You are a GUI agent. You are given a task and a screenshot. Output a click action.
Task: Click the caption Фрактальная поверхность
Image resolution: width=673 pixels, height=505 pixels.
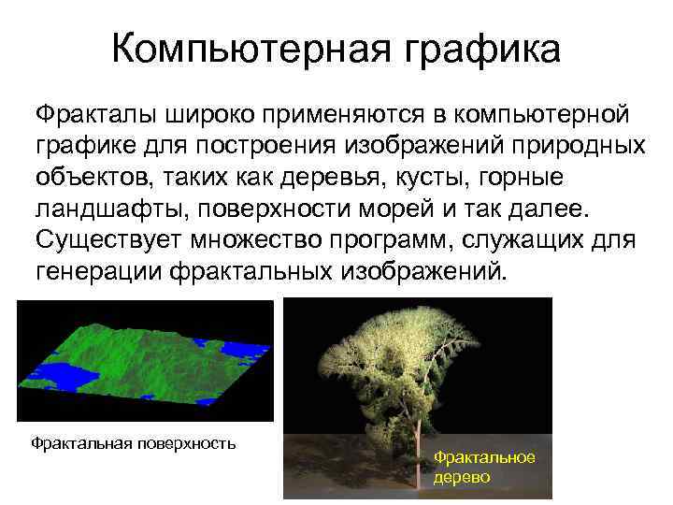pos(133,441)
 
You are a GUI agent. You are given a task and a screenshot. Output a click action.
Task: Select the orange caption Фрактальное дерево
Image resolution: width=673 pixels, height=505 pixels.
pos(484,466)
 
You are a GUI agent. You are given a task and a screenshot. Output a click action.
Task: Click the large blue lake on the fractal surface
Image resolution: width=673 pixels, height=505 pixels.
pos(65,377)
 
